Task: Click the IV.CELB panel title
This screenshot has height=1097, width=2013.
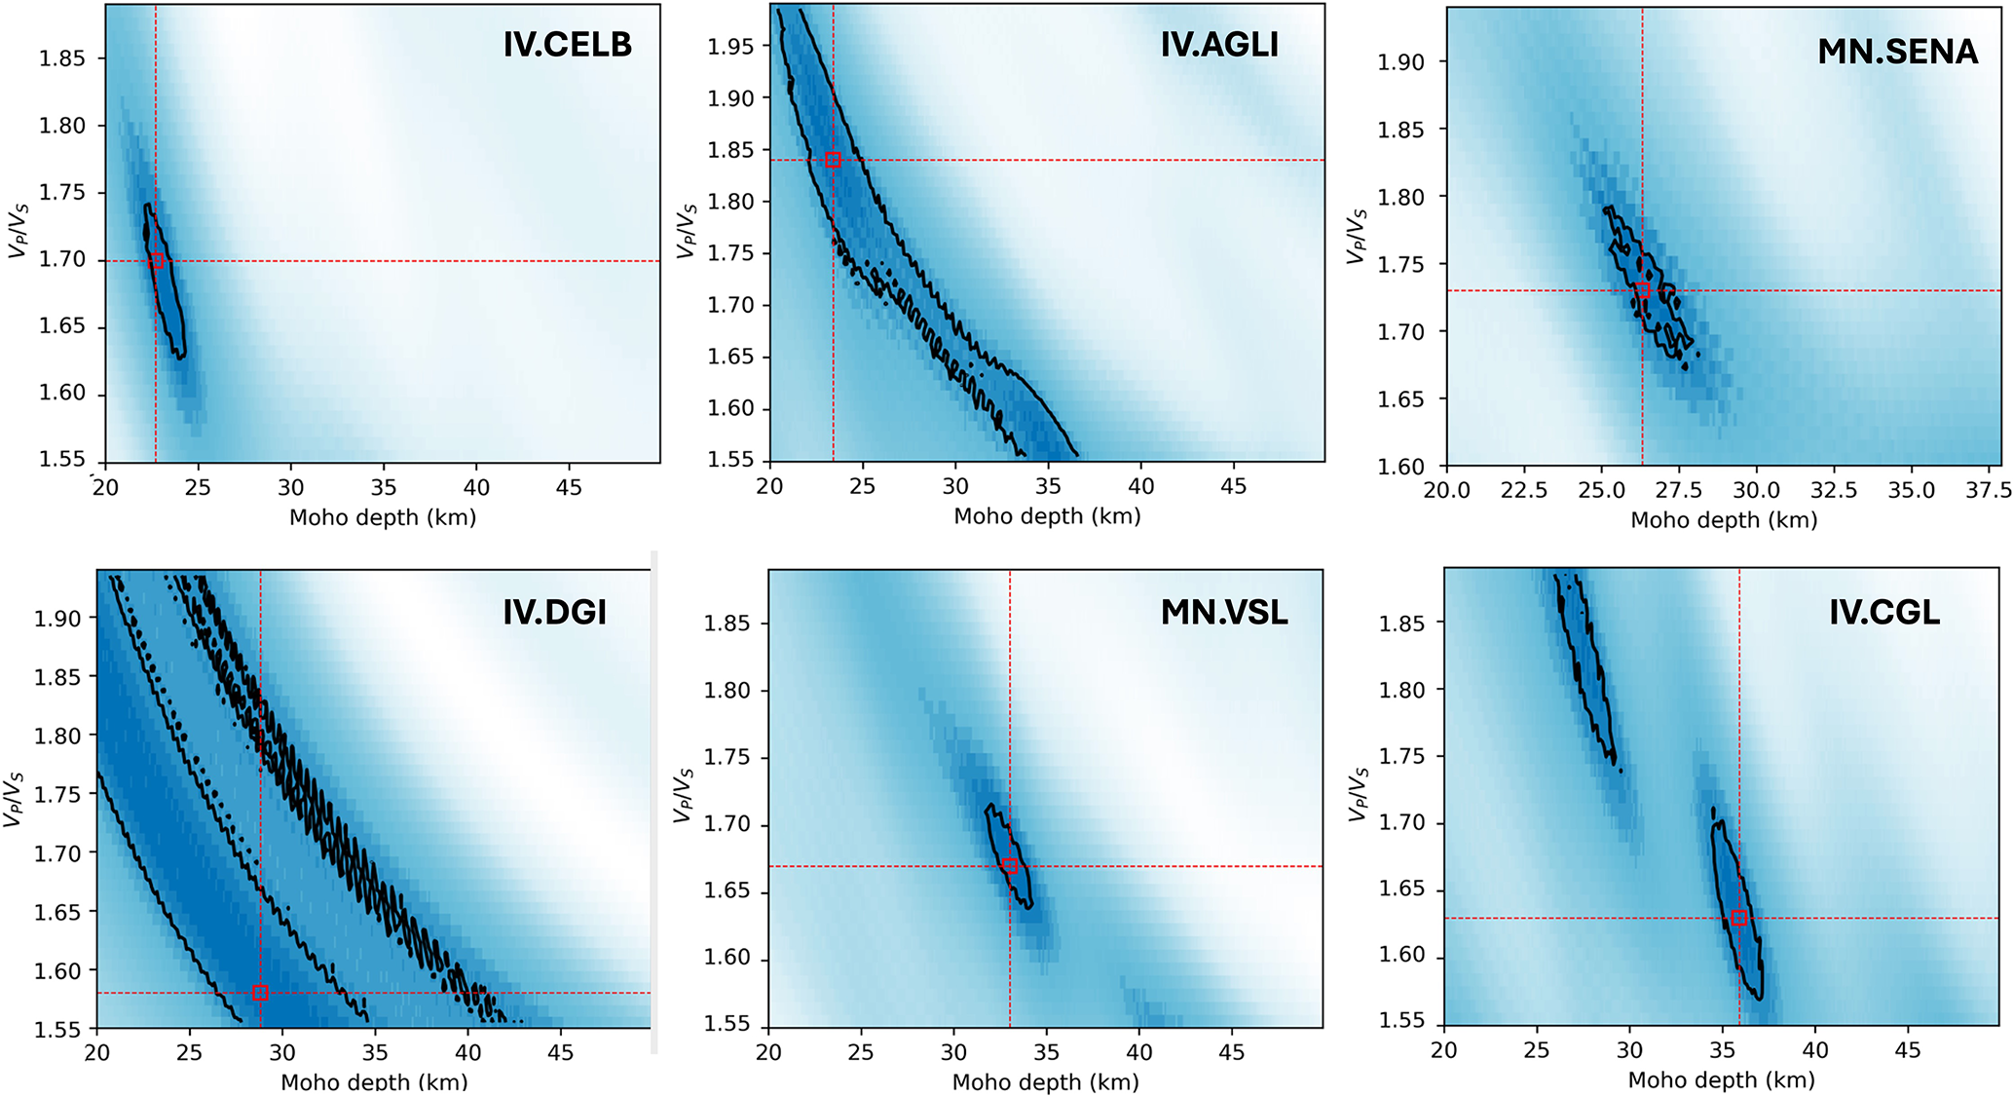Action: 567,45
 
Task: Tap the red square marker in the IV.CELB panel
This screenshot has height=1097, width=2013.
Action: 156,261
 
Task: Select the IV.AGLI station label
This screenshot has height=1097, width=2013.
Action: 1219,45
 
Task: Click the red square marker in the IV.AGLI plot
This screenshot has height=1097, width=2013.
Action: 833,160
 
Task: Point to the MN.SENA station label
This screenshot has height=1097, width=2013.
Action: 1897,52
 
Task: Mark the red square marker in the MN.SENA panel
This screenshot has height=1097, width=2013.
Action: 1643,290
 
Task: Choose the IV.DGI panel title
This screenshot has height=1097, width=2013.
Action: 554,613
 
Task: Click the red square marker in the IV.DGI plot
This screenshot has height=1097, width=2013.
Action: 260,994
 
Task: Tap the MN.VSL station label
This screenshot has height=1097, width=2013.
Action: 1224,613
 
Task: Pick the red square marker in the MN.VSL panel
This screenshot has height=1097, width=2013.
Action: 1010,866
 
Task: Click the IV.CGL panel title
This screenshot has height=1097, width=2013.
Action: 1883,613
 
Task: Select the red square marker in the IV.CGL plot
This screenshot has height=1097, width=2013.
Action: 1739,918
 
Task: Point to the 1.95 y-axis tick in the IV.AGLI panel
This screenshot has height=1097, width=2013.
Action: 730,47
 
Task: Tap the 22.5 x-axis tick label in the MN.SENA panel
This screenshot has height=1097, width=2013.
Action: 1523,490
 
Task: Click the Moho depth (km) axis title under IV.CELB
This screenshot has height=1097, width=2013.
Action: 383,517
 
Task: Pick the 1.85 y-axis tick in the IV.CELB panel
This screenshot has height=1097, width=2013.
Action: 61,58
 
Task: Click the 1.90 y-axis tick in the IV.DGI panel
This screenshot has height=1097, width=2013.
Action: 57,619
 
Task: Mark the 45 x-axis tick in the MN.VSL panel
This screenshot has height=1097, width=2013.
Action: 1232,1052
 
